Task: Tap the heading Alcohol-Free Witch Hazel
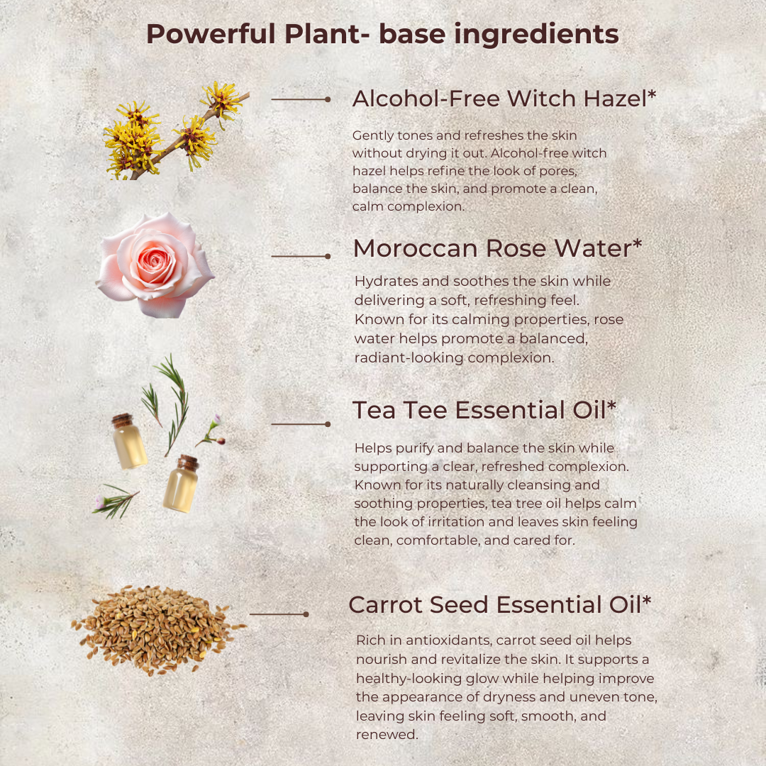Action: pos(504,99)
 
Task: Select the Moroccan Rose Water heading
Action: pos(497,248)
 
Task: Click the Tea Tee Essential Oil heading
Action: pos(484,410)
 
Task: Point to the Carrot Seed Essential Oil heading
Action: pos(499,605)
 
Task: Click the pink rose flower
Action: pos(155,265)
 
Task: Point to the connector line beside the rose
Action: pos(301,256)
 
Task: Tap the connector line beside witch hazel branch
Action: pos(301,100)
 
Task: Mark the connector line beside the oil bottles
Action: pos(301,424)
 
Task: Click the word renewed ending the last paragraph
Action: pos(387,735)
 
